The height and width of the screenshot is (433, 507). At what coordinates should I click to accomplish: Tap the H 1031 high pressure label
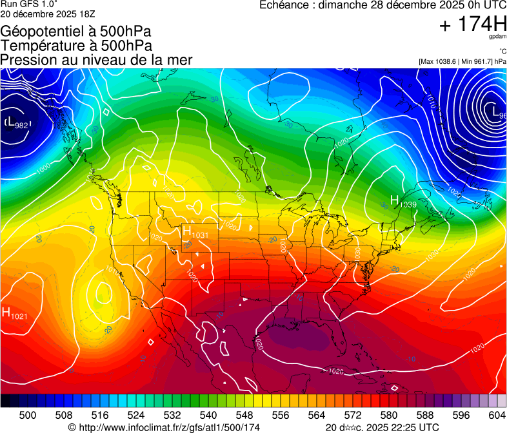(195, 233)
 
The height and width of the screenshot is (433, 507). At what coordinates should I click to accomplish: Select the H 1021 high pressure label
(14, 314)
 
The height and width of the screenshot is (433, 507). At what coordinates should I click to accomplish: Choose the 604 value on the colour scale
(497, 415)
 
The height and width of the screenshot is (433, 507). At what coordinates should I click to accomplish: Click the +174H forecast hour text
(473, 24)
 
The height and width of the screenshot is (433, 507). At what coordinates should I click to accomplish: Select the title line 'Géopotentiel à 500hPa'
(76, 32)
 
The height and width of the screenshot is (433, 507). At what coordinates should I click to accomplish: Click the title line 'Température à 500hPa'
(76, 46)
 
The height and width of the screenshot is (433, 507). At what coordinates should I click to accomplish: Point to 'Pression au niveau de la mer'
(96, 60)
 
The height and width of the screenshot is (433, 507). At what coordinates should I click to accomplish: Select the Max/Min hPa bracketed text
(462, 61)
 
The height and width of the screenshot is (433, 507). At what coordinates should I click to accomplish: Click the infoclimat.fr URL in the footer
(164, 427)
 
